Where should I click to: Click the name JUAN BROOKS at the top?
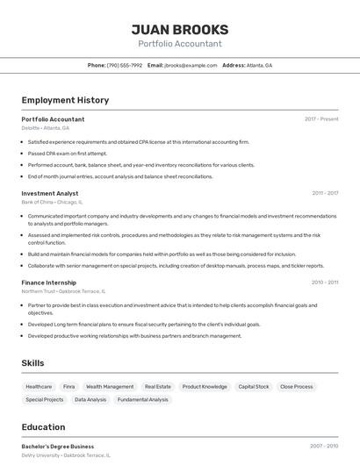coord(179,29)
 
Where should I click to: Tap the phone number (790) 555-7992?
coord(124,65)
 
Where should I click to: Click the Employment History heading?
coord(65,100)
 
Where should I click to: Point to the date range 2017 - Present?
coord(321,119)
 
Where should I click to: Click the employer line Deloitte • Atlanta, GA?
coord(46,128)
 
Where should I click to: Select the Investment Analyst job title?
coord(50,193)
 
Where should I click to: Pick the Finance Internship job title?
coord(49,283)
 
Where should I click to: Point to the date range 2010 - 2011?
coord(325,283)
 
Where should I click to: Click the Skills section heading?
coord(33,362)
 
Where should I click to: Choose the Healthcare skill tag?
coord(39,386)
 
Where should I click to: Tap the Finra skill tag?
coord(69,386)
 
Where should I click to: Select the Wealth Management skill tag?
coord(110,386)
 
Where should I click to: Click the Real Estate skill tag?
coord(158,386)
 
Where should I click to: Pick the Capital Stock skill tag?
coord(254,386)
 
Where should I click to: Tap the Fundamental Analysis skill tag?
coord(143,399)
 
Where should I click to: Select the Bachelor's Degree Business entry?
coord(58,447)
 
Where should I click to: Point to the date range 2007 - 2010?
coord(324,447)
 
